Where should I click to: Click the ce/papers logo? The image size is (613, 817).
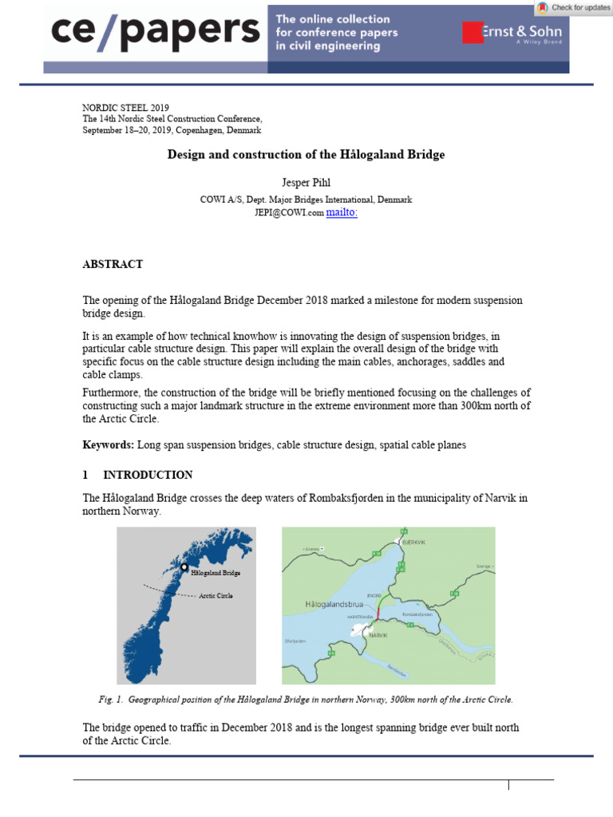(156, 32)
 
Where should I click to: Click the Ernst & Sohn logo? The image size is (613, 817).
(512, 34)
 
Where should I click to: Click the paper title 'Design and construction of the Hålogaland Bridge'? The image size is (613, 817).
(306, 155)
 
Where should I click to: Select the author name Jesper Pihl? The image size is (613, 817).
(306, 184)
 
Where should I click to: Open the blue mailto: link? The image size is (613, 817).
(342, 212)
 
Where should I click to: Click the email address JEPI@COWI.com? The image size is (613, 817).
(289, 213)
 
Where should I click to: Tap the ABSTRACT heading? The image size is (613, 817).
(113, 264)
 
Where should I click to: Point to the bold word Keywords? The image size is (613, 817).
(109, 444)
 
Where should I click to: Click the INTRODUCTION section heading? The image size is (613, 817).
(148, 475)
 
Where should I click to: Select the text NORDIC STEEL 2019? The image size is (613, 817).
(125, 108)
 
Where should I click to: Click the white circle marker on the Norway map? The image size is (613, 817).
(184, 567)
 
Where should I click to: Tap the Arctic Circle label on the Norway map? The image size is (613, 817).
(216, 595)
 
